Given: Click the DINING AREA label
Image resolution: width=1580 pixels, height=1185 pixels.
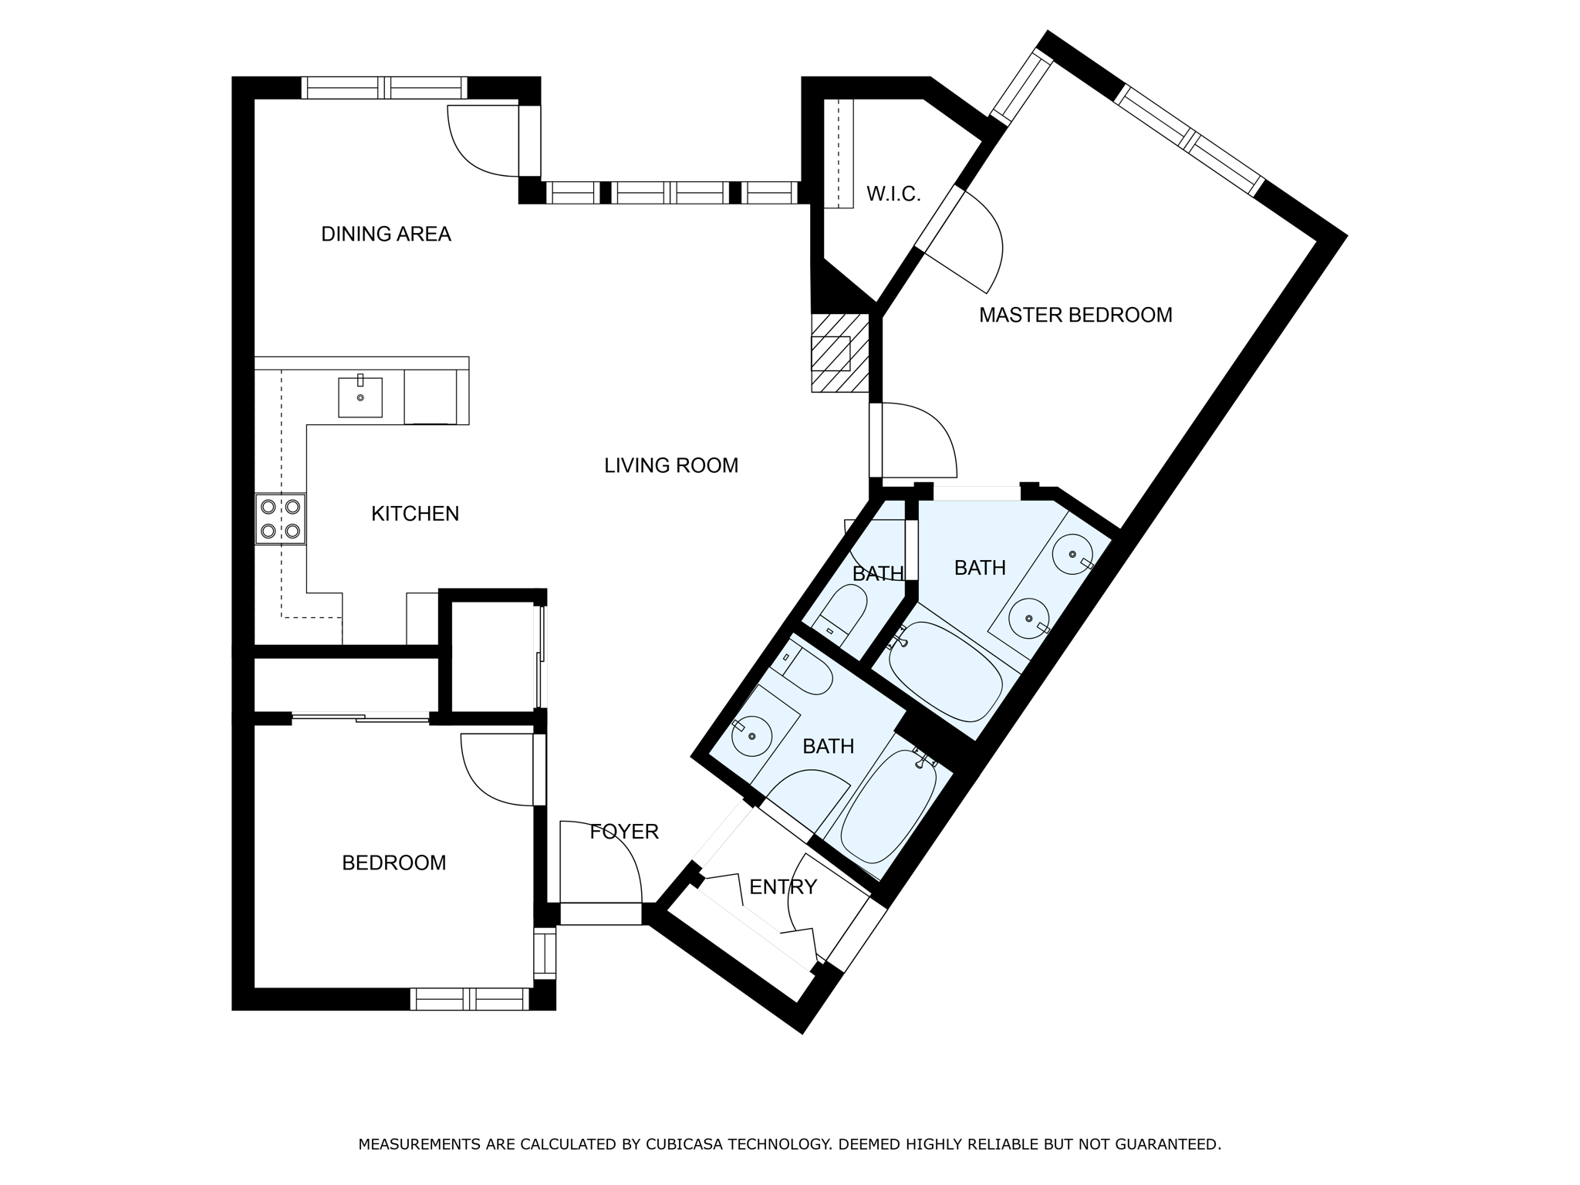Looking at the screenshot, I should coord(386,234).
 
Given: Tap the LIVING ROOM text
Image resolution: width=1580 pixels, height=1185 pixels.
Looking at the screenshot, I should coord(670,465).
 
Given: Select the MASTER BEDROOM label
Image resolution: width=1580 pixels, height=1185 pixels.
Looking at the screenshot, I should coord(1075,315).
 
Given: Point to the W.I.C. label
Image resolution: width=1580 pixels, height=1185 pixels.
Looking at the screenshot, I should coord(893,194).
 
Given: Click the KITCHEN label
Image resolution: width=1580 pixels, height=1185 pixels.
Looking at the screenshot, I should coord(415,514).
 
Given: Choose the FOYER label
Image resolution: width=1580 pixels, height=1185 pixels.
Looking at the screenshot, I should coord(623,832).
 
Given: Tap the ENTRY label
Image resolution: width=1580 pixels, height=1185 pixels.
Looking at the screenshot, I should coord(782,887).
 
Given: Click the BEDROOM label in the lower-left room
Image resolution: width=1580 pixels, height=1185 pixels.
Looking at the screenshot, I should coord(393,863).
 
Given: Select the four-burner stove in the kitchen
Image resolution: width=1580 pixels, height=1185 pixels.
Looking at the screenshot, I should coord(280,518).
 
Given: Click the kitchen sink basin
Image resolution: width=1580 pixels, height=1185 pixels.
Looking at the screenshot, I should coord(360,397).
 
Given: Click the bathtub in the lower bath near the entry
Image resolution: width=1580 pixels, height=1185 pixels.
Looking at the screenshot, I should coord(887,806).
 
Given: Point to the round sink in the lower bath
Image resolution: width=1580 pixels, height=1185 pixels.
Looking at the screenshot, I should coord(751,735).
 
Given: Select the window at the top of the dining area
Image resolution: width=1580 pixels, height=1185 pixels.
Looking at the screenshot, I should coord(384,88).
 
